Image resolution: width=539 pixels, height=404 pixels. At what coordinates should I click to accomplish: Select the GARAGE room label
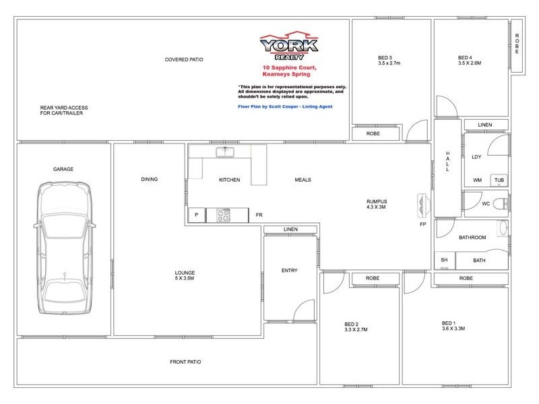[63, 169]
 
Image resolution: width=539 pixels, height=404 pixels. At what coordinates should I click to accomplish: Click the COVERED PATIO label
[184, 60]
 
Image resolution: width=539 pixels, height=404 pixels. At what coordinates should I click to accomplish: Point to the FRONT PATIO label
[185, 362]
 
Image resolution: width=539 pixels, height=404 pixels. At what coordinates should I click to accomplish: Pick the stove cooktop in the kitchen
[224, 215]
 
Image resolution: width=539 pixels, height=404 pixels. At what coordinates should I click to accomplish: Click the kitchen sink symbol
[224, 152]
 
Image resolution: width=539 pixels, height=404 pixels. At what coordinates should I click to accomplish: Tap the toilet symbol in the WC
[500, 203]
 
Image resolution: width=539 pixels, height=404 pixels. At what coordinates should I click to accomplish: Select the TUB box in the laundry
[499, 180]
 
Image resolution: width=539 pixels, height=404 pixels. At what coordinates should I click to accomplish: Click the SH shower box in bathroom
[444, 260]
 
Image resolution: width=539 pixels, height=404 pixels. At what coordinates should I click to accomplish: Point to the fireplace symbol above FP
[423, 203]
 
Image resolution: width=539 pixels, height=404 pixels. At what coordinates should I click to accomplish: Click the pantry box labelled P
[197, 215]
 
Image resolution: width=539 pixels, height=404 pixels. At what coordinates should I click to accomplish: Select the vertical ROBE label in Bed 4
[517, 44]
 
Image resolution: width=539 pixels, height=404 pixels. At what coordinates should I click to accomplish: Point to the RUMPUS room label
[376, 201]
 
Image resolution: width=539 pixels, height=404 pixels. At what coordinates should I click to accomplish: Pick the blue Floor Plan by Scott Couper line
[285, 106]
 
